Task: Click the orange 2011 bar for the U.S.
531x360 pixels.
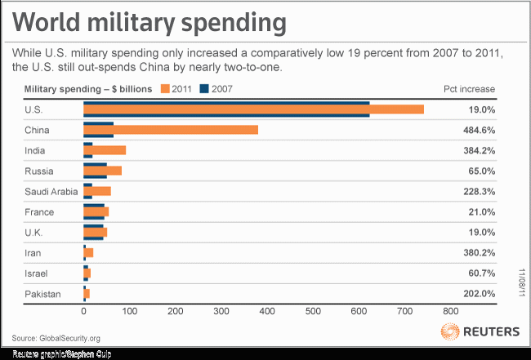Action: (253, 109)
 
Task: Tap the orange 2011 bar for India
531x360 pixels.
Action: (105, 150)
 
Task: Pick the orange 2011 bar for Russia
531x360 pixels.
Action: (102, 171)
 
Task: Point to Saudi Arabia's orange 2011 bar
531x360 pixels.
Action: (97, 191)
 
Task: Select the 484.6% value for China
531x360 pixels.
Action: (480, 130)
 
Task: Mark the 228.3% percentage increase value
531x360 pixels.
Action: (480, 191)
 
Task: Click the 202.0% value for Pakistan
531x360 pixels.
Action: (480, 293)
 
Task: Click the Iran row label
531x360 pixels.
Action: (35, 252)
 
